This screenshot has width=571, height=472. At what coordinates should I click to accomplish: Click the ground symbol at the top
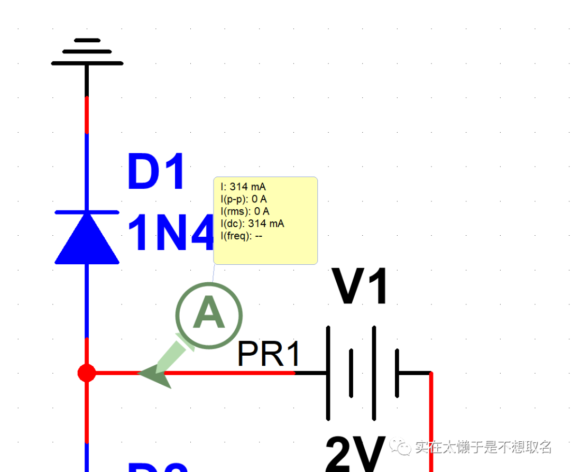pos(87,52)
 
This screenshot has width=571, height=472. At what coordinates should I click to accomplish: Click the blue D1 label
pos(156,173)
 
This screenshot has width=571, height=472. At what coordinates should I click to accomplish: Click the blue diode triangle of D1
pos(87,240)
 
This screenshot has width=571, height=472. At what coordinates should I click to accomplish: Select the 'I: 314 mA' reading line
pos(243,187)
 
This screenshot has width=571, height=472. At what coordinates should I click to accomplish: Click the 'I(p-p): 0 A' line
pos(244,199)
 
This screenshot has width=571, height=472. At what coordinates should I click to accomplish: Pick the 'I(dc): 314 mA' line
pos(252,224)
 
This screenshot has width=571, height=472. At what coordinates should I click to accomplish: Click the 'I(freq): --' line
pos(242,236)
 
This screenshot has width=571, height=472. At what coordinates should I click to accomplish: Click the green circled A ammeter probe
pos(209,315)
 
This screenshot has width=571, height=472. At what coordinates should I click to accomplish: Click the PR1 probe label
pos(269,354)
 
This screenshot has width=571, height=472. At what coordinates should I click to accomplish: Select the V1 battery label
pos(361,288)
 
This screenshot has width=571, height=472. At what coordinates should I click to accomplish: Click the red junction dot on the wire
pos(87,373)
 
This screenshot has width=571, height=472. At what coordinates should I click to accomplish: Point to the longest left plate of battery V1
pos(328,373)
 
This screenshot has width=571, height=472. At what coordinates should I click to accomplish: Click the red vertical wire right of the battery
pos(431,423)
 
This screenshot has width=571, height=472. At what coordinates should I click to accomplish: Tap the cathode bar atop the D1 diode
pos(87,212)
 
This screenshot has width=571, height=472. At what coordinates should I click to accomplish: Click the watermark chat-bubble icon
pos(401,447)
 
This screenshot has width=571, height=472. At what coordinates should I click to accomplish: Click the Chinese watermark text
pos(483,447)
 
